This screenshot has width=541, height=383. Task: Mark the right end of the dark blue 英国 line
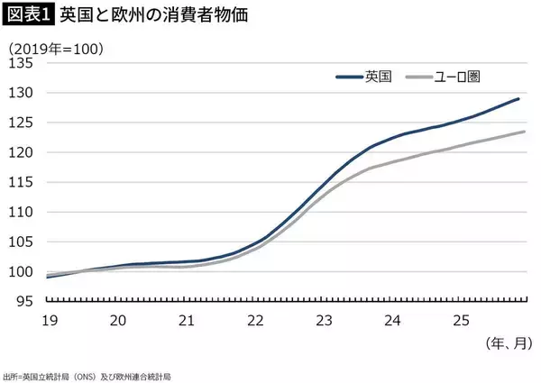(519, 99)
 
